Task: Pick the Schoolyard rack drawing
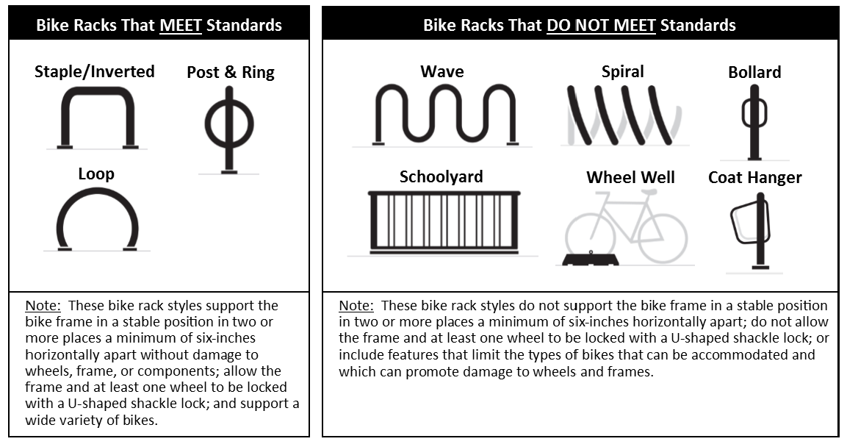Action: click(444, 222)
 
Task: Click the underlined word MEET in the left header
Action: click(181, 26)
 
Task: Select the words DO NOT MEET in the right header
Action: click(601, 26)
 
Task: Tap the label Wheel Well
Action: click(630, 177)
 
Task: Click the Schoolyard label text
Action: click(441, 176)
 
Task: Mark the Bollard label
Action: click(754, 72)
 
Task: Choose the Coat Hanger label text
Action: click(754, 178)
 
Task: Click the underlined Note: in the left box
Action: click(43, 306)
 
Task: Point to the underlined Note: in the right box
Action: click(356, 306)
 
